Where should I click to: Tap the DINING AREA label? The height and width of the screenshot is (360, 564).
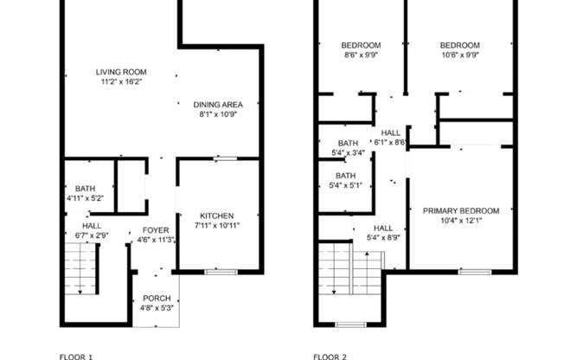pyautogui.click(x=218, y=104)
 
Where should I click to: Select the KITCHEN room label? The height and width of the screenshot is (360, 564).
pyautogui.click(x=217, y=215)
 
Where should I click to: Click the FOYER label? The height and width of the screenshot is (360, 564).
pyautogui.click(x=156, y=229)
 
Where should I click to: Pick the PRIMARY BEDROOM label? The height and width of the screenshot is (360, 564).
pyautogui.click(x=460, y=210)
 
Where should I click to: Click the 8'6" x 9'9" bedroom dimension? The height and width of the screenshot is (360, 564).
pyautogui.click(x=360, y=55)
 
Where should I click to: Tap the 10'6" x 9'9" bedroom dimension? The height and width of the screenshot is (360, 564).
pyautogui.click(x=459, y=55)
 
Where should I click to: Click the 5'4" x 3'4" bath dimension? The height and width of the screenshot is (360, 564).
pyautogui.click(x=348, y=153)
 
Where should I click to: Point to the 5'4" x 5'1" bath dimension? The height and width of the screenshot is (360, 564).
pyautogui.click(x=348, y=184)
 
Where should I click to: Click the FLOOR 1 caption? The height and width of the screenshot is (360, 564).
pyautogui.click(x=75, y=355)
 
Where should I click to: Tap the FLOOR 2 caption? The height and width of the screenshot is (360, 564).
pyautogui.click(x=330, y=355)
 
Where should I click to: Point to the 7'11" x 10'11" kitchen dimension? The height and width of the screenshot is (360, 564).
pyautogui.click(x=217, y=226)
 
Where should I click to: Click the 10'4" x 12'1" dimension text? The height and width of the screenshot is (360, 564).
pyautogui.click(x=460, y=222)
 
